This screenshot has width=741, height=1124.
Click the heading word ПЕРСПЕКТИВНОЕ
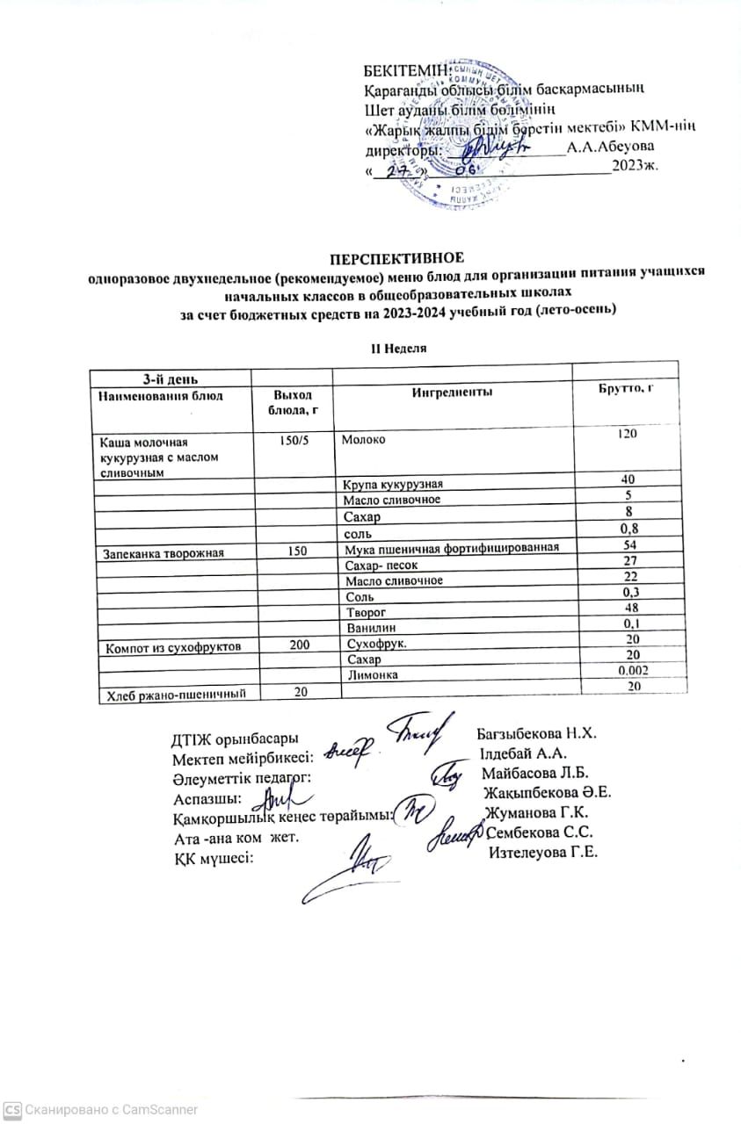[x=396, y=257]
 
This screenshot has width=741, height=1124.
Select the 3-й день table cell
[x=170, y=378]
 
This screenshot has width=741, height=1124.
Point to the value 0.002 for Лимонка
[x=625, y=673]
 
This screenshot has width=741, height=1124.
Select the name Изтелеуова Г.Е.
[x=543, y=853]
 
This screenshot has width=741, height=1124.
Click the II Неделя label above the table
[x=397, y=348]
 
